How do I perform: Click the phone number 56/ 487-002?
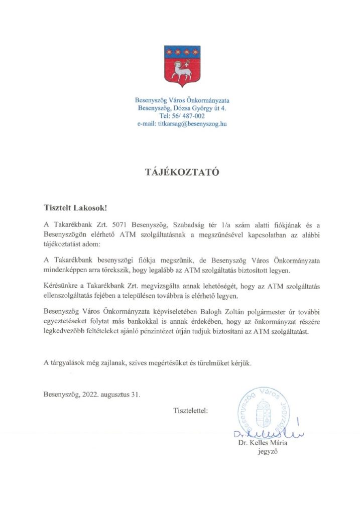pyautogui.click(x=188, y=115)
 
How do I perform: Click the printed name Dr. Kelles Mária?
pyautogui.click(x=263, y=443)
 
